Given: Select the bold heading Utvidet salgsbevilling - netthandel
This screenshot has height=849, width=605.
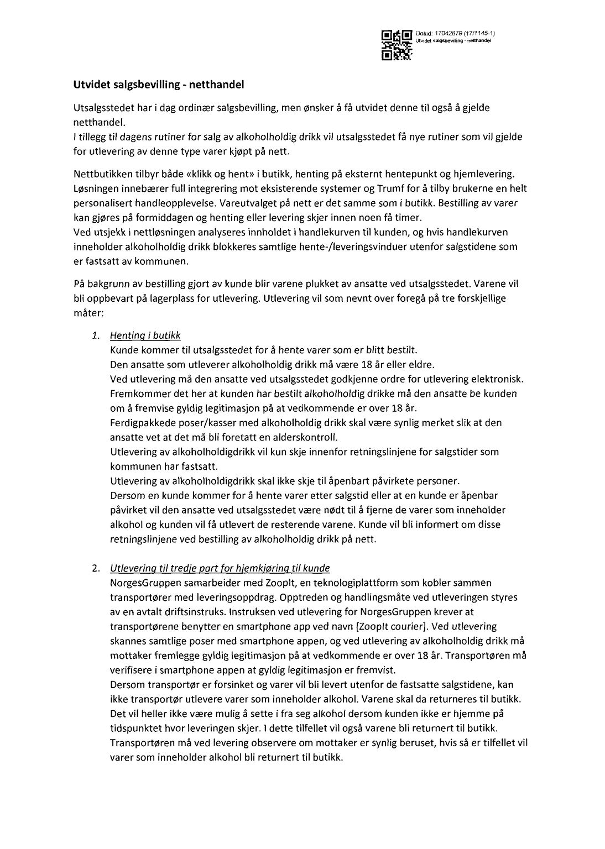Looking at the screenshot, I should pyautogui.click(x=158, y=85).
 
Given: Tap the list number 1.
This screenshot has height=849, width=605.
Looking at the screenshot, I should pyautogui.click(x=96, y=336).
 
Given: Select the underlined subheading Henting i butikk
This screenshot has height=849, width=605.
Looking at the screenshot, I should pyautogui.click(x=145, y=336).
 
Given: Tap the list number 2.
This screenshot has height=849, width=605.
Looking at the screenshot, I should pyautogui.click(x=96, y=568).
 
